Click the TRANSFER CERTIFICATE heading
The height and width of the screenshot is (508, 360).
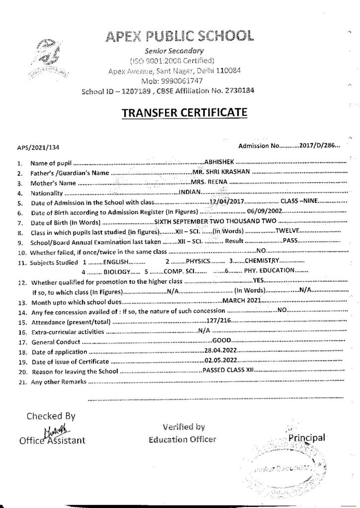pos(184,114)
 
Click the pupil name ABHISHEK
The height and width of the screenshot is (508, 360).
pos(222,162)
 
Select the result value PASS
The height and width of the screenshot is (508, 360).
pos(290,241)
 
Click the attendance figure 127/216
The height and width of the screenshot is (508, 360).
pos(219,321)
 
